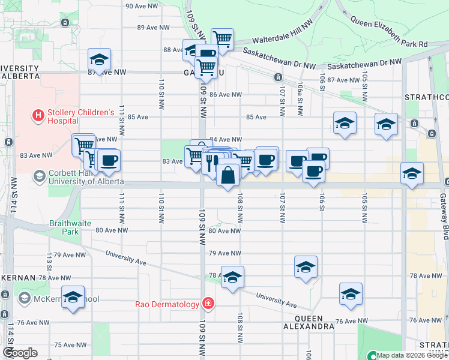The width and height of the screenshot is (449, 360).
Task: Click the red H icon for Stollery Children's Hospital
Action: coord(38,115)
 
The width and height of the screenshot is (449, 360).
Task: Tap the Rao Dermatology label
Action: coord(167,304)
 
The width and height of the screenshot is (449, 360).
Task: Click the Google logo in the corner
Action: coord(20,353)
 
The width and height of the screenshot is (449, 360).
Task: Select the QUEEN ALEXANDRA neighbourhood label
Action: coord(309,322)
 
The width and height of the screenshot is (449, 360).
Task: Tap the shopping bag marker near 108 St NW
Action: coord(228,176)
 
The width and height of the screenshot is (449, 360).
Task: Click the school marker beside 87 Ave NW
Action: coord(99,59)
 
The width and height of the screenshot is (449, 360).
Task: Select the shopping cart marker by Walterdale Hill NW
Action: coord(222,40)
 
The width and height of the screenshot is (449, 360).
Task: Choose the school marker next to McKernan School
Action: coord(73,297)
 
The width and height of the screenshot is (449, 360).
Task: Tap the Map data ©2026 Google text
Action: coord(412,355)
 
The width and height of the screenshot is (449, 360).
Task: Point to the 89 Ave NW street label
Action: coord(154,28)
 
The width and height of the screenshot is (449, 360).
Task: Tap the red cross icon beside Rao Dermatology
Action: coord(208,304)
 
